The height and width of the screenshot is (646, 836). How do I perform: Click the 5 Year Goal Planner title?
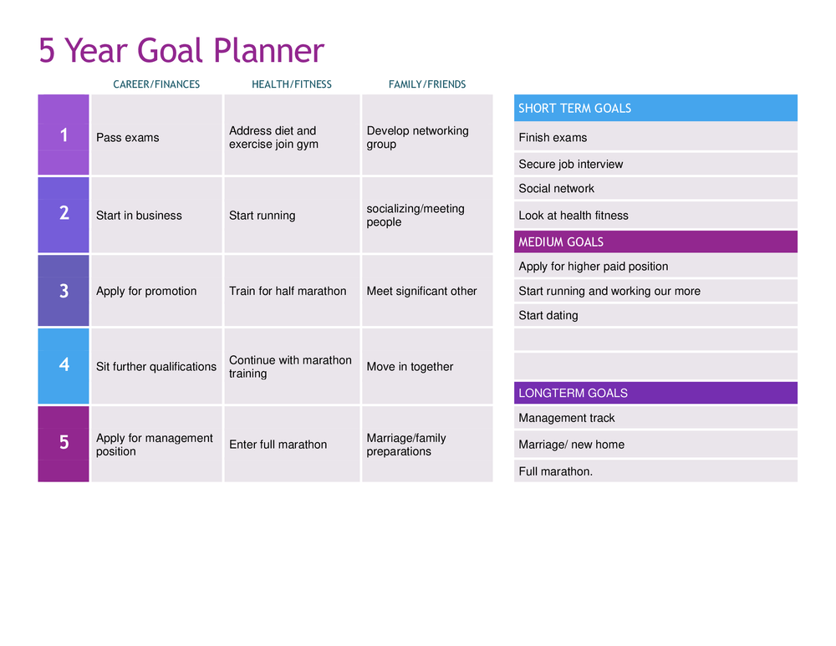pos(181,51)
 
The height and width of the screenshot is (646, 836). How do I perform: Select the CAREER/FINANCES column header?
pos(156,84)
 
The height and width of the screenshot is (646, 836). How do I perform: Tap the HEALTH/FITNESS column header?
pos(292,84)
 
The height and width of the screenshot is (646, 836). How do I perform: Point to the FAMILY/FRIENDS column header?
pos(427,84)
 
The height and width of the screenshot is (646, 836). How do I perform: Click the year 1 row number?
pos(64,135)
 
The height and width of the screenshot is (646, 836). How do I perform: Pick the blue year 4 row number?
pos(64,365)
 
